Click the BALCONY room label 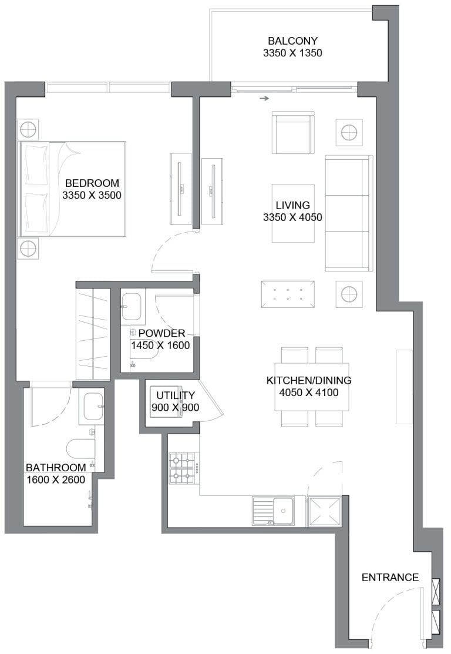point(292,41)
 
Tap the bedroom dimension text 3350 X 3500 point(92,195)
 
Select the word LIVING point(292,205)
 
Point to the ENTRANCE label point(390,578)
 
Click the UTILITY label point(175,395)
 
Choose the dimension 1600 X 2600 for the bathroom point(56,479)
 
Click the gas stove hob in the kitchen point(184,468)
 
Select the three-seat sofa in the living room point(348,213)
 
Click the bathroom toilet point(80,449)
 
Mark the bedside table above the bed point(28,129)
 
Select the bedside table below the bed point(28,249)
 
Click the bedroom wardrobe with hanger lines point(93,333)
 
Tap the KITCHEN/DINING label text point(302,381)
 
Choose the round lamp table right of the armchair point(348,132)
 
